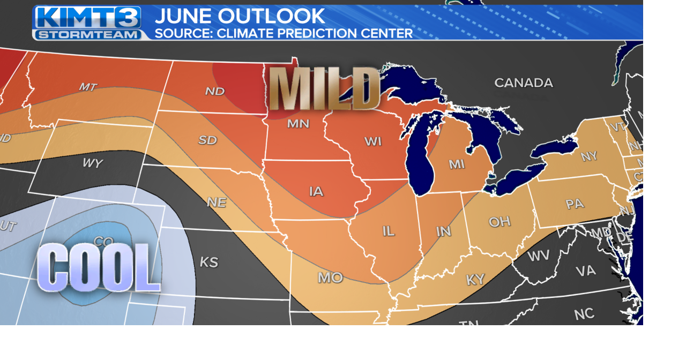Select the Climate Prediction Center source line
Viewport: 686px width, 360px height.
[x=284, y=33]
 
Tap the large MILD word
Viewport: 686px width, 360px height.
[x=325, y=88]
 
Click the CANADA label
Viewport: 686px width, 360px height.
[x=523, y=82]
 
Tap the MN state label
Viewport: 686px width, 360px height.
[x=298, y=124]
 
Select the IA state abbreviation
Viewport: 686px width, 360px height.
[x=316, y=191]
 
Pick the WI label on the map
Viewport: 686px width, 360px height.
[x=373, y=141]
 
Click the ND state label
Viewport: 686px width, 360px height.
[x=215, y=91]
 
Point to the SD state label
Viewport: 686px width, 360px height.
[x=207, y=140]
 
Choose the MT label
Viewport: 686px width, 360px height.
[x=88, y=87]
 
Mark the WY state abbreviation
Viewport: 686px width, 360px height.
[x=92, y=163]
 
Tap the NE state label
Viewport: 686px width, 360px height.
[x=217, y=202]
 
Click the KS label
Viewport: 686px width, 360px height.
[x=209, y=262]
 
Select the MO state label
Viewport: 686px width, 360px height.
[x=330, y=277]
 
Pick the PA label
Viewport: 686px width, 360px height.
[x=575, y=204]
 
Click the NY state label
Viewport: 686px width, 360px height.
[x=589, y=156]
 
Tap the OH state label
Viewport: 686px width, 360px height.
[x=499, y=221]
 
